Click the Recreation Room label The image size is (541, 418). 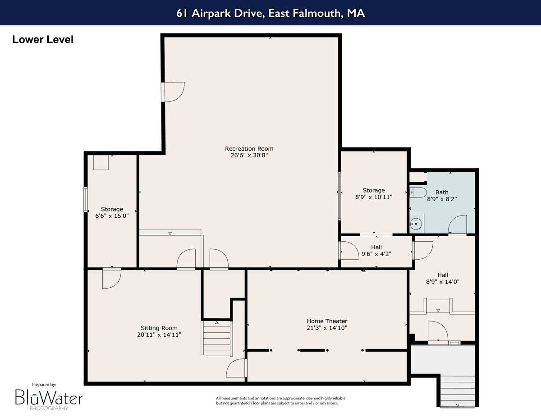[249, 149]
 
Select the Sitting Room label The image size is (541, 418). [159, 328]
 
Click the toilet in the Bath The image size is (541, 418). [418, 193]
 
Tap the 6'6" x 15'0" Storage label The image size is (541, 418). [112, 209]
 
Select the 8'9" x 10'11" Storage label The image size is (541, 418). [374, 190]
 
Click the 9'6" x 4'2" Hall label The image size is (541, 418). [376, 247]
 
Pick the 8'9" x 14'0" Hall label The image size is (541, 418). [442, 275]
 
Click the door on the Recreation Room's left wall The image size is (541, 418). [173, 92]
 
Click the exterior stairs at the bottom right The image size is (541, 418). [457, 391]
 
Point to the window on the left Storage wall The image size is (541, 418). [85, 199]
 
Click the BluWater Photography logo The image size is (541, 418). [49, 397]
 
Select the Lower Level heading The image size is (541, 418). [43, 40]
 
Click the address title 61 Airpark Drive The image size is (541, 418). [270, 13]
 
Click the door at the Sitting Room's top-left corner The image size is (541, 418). [111, 278]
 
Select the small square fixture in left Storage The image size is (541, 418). [101, 162]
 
